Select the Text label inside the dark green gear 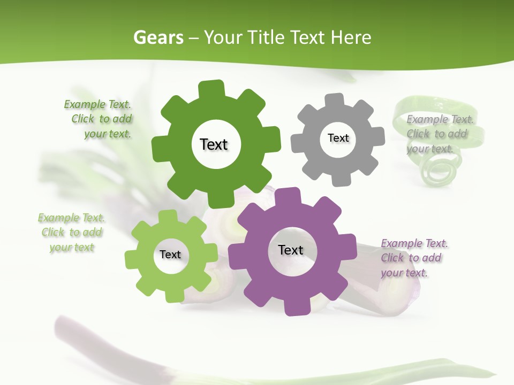click(214, 144)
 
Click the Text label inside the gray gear click(338, 138)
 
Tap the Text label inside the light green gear click(170, 255)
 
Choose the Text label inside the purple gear click(291, 250)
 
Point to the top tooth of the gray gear click(334, 100)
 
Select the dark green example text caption click(100, 119)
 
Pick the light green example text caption click(71, 232)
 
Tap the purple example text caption click(413, 258)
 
